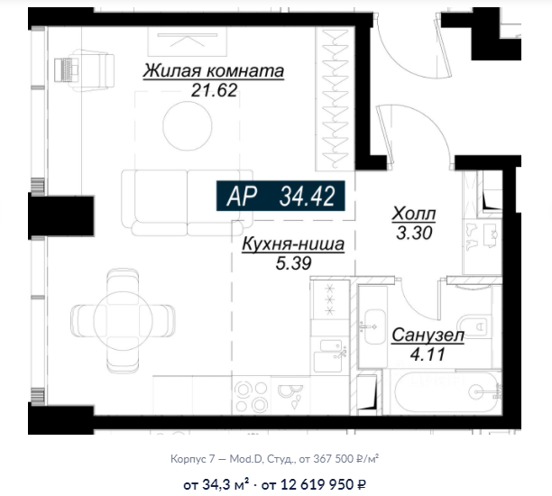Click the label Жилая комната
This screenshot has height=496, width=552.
click(x=214, y=70)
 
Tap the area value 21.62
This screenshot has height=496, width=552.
click(x=214, y=90)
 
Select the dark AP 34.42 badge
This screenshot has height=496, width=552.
click(x=281, y=196)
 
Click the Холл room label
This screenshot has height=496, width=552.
click(x=414, y=214)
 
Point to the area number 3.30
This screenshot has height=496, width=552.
click(x=414, y=233)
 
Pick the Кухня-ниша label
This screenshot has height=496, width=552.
click(x=293, y=244)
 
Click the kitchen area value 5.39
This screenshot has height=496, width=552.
click(x=293, y=263)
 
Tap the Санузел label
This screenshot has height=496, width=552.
click(x=428, y=335)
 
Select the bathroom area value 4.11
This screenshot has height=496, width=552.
click(x=428, y=354)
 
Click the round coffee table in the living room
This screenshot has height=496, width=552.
click(x=188, y=125)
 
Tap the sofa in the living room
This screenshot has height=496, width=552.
click(x=187, y=203)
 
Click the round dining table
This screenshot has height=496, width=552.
click(x=123, y=321)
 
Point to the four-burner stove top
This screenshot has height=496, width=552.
click(x=252, y=396)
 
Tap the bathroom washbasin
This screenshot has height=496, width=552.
click(x=374, y=326)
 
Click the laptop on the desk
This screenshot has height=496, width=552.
click(x=67, y=70)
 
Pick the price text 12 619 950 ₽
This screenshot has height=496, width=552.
click(x=323, y=485)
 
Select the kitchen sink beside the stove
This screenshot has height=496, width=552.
click(x=327, y=356)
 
